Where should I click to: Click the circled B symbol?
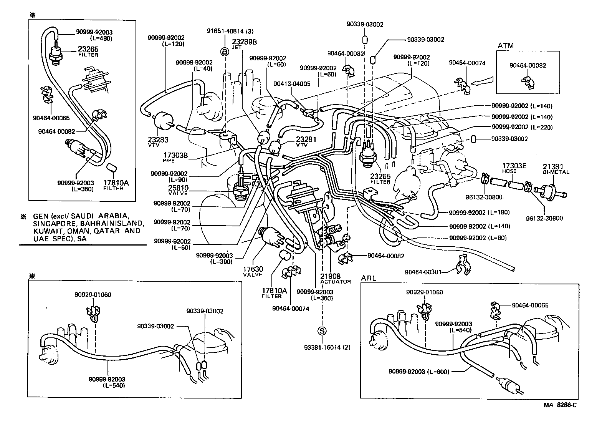tap(224, 51)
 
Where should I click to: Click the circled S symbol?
tap(322, 331)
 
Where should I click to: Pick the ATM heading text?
tap(505, 45)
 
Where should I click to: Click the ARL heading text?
tap(369, 278)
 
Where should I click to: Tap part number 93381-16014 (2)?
tap(322, 347)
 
